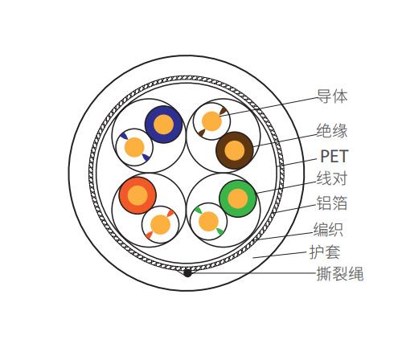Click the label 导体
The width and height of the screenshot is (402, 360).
click(332, 96)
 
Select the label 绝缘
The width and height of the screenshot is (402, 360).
click(332, 131)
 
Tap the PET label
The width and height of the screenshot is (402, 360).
click(334, 156)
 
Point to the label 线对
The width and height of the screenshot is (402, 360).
click(332, 178)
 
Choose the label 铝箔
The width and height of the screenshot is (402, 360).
click(332, 202)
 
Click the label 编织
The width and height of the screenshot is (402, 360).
click(328, 229)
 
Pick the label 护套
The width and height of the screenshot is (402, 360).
click(325, 252)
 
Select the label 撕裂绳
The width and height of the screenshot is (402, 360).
click(340, 273)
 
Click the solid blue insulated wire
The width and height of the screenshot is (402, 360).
click(163, 125)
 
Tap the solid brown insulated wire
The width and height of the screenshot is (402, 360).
click(235, 150)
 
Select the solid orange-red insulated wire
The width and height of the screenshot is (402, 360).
click(137, 195)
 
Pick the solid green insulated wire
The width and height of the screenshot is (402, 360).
click(238, 198)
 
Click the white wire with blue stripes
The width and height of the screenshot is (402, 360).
click(134, 147)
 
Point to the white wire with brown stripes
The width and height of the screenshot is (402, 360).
click(211, 121)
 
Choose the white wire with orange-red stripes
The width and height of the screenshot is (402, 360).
click(160, 225)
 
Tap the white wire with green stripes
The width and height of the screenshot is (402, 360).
click(208, 222)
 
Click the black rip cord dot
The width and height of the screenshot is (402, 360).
click(187, 273)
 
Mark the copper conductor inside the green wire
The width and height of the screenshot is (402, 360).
click(238, 198)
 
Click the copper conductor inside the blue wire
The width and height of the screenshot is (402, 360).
click(163, 125)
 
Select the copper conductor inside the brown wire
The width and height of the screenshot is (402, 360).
click(235, 150)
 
